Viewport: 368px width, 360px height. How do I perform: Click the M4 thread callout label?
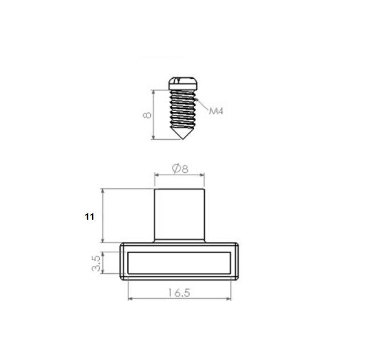pos(216,111)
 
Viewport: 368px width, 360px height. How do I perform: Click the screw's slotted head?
pos(183,83)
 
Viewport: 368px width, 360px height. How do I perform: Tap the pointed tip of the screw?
pos(183,139)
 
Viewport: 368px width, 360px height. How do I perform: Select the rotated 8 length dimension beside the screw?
pos(147,115)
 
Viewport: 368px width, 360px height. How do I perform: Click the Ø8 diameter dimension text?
pos(180,168)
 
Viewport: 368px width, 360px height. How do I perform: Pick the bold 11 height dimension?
pos(90,217)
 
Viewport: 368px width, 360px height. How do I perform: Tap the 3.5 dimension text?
pos(96,264)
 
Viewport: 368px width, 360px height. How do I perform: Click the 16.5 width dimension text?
pos(179,293)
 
